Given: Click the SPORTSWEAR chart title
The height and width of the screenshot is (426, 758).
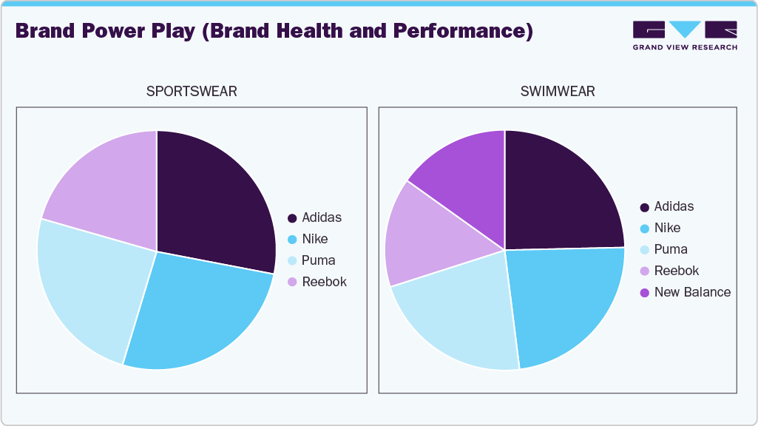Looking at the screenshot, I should (192, 92).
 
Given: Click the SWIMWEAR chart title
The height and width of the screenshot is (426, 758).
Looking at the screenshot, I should (558, 92).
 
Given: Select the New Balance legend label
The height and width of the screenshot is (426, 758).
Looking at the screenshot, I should (692, 292).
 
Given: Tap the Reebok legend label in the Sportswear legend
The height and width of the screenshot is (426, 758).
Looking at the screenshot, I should (324, 282).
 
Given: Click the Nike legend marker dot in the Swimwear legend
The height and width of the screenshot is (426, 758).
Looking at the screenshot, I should (644, 229).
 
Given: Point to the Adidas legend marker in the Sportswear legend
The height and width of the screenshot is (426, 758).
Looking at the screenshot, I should (292, 218).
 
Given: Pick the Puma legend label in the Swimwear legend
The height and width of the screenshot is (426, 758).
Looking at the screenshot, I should (671, 249).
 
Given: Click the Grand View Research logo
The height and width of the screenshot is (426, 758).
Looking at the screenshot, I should (685, 35).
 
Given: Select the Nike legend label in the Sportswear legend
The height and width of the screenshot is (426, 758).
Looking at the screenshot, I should (314, 239).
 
